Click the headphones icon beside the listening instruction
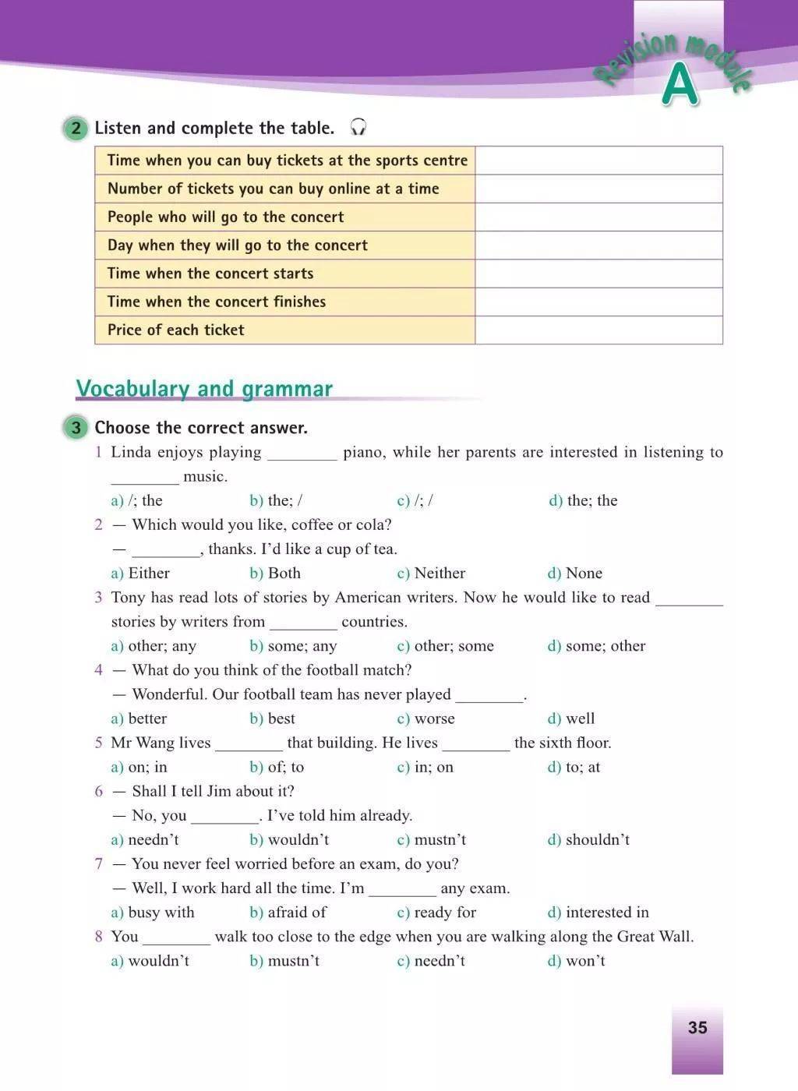358,127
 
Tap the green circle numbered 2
76,128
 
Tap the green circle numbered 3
76,427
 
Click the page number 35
697,1027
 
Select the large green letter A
680,85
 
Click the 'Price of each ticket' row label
176,330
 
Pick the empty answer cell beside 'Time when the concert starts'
598,274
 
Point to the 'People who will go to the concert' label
225,217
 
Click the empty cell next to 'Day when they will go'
598,245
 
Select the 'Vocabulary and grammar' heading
204,388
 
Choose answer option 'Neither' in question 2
439,574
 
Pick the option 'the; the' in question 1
591,500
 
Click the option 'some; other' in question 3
605,646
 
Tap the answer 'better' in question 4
147,719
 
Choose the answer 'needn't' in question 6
153,840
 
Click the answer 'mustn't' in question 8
293,961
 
